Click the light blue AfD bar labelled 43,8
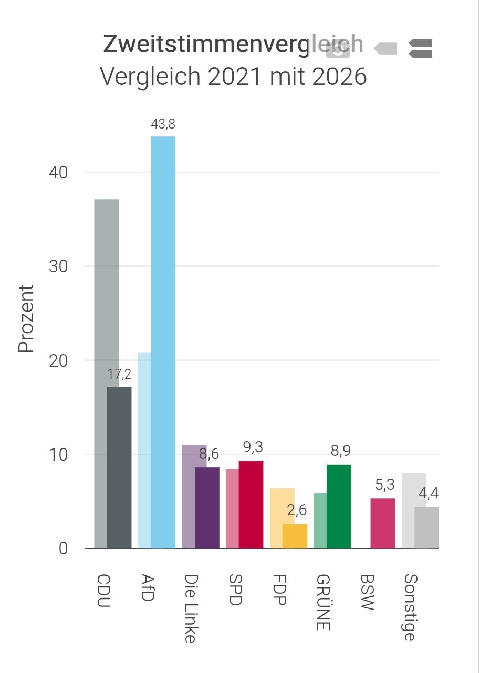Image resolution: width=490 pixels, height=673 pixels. pyautogui.click(x=163, y=342)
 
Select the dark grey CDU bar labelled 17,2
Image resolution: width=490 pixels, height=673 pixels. pyautogui.click(x=119, y=467)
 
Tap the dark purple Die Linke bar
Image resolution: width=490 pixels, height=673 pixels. pyautogui.click(x=207, y=508)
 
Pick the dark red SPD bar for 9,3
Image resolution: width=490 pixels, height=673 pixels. pyautogui.click(x=251, y=505)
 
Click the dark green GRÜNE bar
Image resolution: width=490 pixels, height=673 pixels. pyautogui.click(x=339, y=506)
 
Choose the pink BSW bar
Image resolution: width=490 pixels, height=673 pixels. pyautogui.click(x=383, y=524)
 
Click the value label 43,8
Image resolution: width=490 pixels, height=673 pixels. pyautogui.click(x=163, y=124)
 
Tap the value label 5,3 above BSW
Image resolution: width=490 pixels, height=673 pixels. pyautogui.click(x=385, y=485)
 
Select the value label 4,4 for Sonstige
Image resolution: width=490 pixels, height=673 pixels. pyautogui.click(x=429, y=493)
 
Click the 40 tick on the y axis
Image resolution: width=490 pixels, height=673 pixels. pyautogui.click(x=58, y=173)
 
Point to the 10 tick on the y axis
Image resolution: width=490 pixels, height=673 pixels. pyautogui.click(x=58, y=455)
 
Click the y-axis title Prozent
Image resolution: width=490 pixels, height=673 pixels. pyautogui.click(x=26, y=318)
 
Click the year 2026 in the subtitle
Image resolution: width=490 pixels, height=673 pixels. pyautogui.click(x=339, y=77)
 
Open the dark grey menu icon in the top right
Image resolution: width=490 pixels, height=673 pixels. pyautogui.click(x=421, y=48)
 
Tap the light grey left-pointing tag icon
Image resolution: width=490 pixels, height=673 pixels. pyautogui.click(x=385, y=48)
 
